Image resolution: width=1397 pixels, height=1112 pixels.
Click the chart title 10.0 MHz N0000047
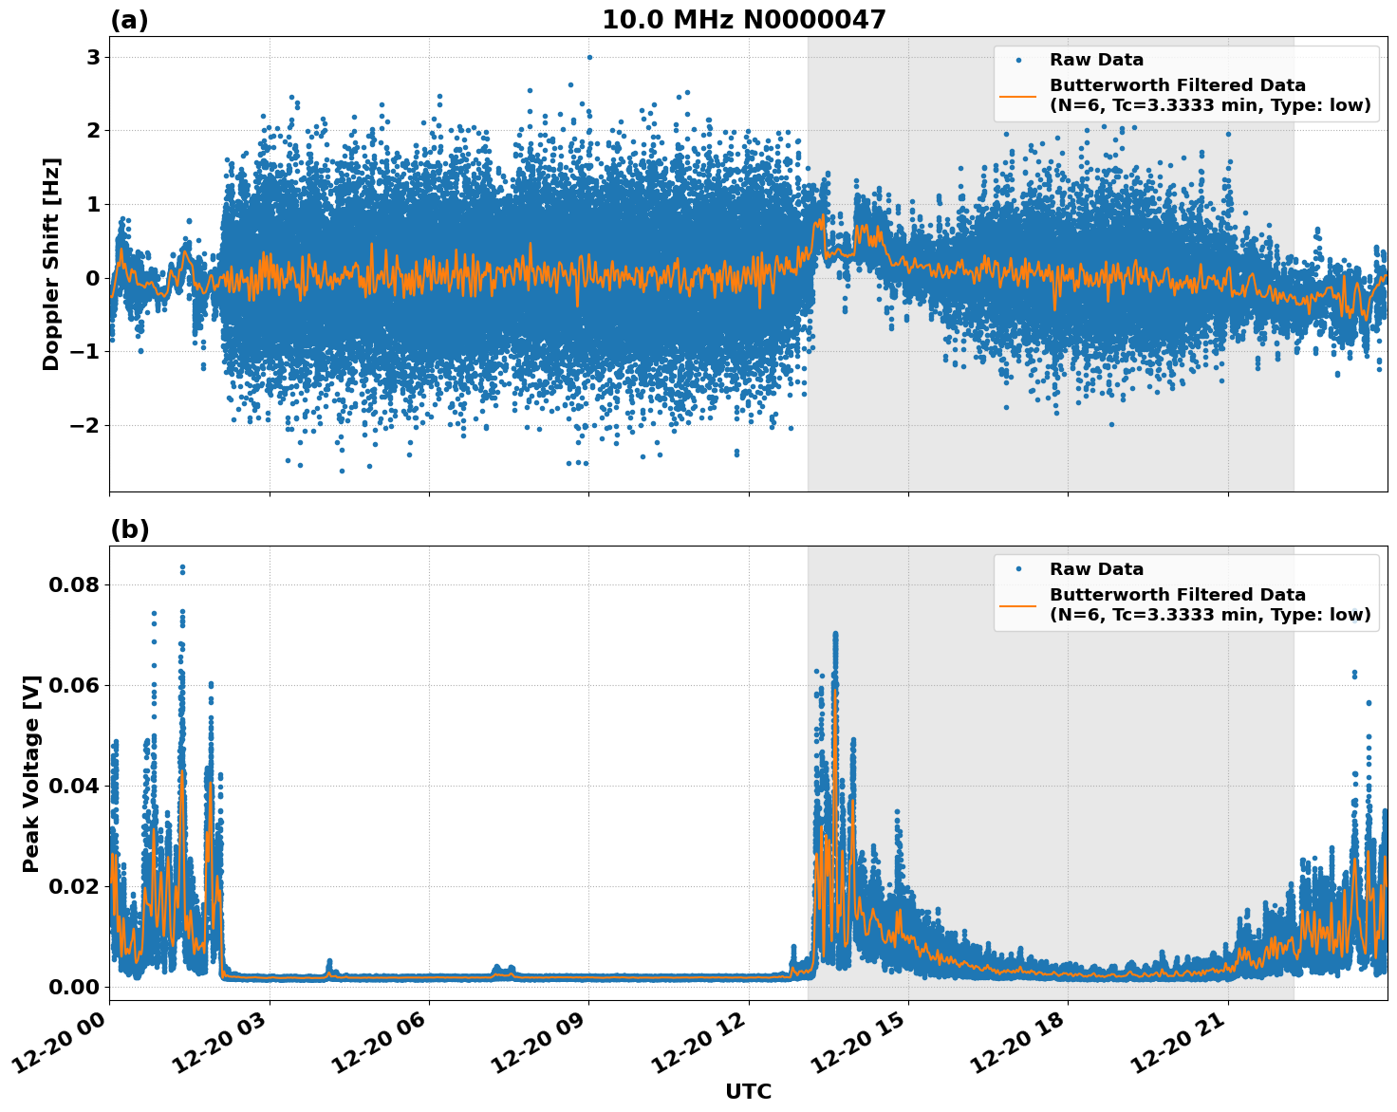(743, 20)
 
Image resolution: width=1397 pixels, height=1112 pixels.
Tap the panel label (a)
(129, 20)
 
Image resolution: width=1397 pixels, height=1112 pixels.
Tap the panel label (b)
(129, 529)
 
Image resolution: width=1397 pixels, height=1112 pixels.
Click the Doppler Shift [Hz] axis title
(51, 265)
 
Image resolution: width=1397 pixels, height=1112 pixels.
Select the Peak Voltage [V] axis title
(31, 773)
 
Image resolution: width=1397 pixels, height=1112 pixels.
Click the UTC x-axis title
(748, 1091)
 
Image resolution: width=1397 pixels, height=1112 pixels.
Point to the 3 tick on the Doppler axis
(94, 57)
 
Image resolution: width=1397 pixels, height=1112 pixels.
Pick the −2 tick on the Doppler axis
(85, 425)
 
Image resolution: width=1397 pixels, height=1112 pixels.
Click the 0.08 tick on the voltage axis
(73, 584)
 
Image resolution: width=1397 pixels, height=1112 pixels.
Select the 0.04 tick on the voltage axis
(73, 786)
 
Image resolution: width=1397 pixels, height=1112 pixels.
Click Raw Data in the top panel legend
(1096, 60)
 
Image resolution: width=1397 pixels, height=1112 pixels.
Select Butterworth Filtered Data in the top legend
(1177, 85)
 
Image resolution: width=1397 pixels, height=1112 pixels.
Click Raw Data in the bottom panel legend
(1096, 569)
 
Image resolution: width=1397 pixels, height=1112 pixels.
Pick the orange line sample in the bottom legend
(1018, 605)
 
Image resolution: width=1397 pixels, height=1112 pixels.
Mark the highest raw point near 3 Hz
(589, 57)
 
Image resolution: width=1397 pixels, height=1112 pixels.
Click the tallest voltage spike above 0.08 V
(182, 567)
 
